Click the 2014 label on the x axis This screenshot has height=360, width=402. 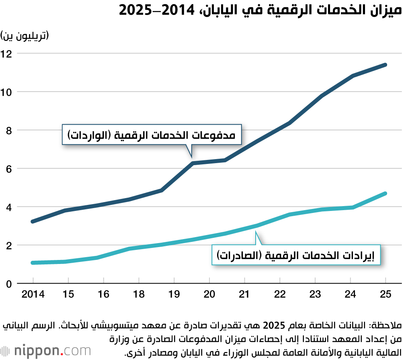[33, 295]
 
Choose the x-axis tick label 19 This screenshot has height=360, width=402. [174, 295]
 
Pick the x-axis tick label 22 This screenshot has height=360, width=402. [280, 295]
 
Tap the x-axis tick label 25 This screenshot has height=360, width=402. [386, 295]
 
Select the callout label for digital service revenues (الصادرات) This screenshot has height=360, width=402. [296, 255]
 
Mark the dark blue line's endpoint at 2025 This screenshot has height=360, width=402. [386, 65]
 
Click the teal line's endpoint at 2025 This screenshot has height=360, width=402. [386, 194]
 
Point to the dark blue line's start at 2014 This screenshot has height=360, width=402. [33, 221]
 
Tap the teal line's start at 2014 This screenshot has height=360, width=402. [33, 263]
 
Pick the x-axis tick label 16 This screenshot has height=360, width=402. [103, 295]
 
